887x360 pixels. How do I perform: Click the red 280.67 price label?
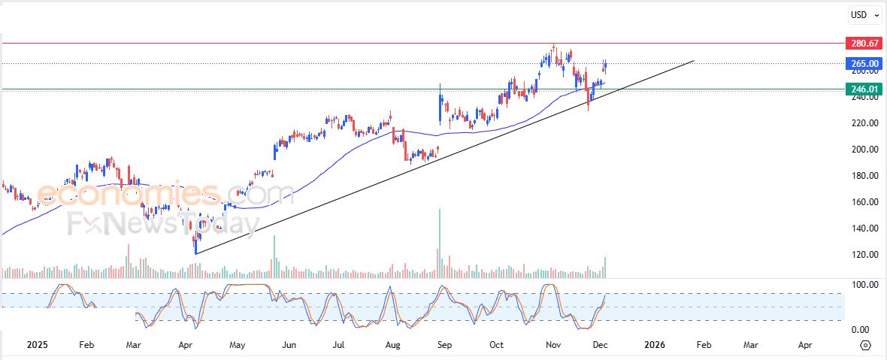point(862,44)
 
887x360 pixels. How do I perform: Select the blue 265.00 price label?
point(862,64)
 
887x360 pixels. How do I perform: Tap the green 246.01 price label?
point(862,89)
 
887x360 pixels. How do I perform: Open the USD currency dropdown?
point(863,15)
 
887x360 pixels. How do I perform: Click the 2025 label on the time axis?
point(37,345)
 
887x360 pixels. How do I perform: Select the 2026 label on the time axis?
point(655,345)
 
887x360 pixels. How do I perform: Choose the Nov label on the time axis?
point(553,345)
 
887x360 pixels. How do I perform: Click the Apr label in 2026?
point(805,345)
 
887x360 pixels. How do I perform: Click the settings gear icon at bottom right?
point(865,345)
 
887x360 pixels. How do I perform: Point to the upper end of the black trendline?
point(693,60)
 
